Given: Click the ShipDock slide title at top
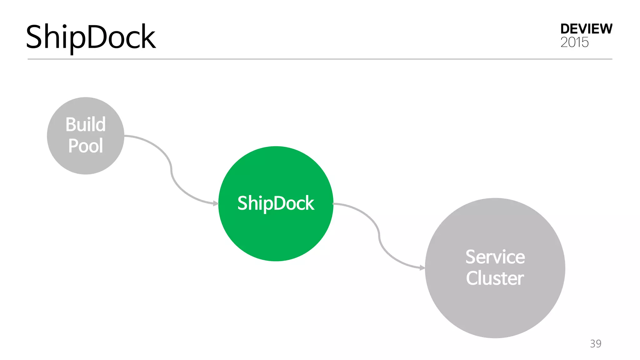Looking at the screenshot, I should click(91, 37).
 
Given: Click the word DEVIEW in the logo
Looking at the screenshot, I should click(586, 29).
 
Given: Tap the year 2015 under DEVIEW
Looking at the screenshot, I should click(574, 42).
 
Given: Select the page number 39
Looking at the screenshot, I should click(596, 343).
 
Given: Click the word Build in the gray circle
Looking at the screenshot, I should click(85, 124).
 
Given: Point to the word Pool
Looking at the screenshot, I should click(85, 146).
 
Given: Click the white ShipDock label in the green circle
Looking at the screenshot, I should click(276, 203).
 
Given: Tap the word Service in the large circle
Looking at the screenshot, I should click(495, 257).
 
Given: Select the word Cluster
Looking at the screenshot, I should click(495, 278).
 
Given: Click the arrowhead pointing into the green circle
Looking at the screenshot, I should click(216, 203).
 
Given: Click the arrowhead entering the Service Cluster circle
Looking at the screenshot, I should click(422, 268).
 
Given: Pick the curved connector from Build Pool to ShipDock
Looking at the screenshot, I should click(171, 170).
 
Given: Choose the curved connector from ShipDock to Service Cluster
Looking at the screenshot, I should click(379, 236).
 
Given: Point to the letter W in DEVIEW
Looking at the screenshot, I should click(605, 29).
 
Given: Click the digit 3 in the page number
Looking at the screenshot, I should click(593, 343).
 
